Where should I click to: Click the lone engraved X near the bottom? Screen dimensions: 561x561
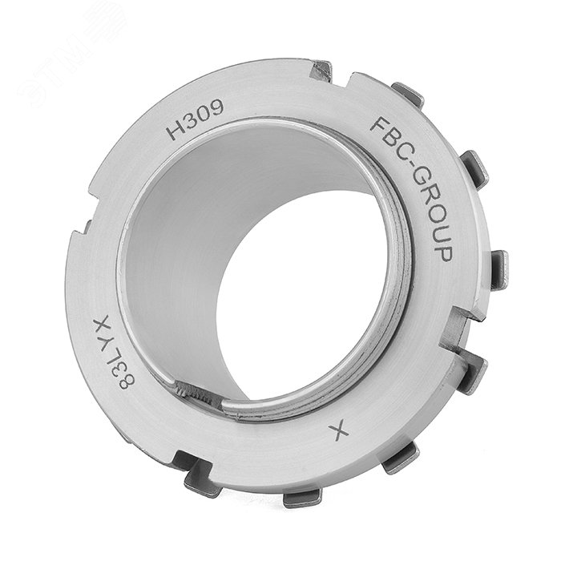(339, 434)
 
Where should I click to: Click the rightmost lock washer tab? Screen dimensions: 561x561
(498, 269)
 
